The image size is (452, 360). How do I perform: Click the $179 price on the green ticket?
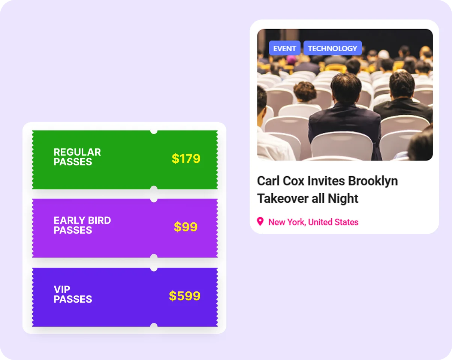pos(186,159)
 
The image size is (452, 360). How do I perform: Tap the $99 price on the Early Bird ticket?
pos(186,227)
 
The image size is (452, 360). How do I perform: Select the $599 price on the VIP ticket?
pos(185,296)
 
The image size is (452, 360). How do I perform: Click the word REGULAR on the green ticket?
pos(77,152)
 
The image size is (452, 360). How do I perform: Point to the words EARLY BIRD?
pos(82,220)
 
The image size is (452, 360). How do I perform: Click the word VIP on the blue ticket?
pos(62,289)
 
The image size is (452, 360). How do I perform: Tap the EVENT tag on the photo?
pos(284,48)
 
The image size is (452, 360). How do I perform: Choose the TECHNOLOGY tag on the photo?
pos(332,48)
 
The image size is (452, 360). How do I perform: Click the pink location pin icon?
pos(260,222)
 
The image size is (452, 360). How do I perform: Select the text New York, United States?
pos(313,222)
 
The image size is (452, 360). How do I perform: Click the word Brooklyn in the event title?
pos(373,181)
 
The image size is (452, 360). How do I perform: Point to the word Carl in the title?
pos(269,181)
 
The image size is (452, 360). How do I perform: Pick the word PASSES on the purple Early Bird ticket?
pos(73,230)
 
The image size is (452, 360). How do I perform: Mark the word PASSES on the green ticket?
pos(73,162)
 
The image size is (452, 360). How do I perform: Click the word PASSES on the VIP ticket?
pos(73,299)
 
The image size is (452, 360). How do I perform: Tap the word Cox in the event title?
pos(294,181)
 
